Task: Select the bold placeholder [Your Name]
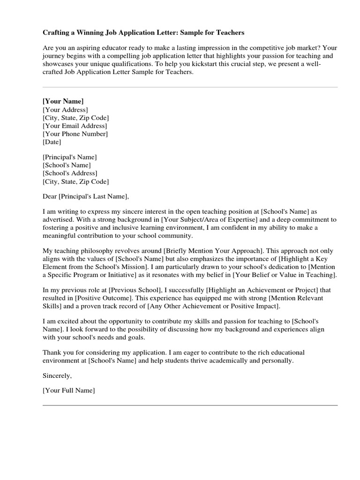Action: [63, 101]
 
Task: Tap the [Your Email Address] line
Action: [75, 126]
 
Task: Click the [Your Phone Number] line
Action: [75, 134]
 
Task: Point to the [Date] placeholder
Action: [52, 142]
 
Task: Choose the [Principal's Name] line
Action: [70, 157]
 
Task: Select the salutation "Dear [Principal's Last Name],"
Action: [85, 196]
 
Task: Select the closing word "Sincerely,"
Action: [57, 375]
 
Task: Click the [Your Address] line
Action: [65, 110]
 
